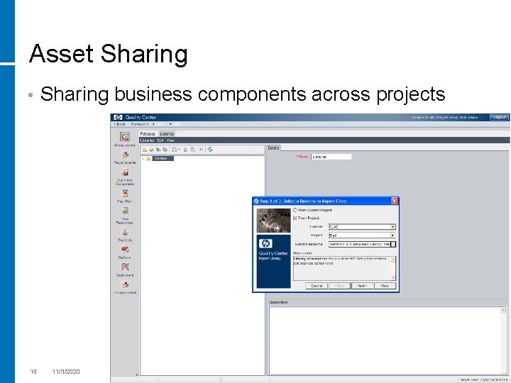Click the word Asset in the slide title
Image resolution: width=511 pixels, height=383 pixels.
tap(61, 54)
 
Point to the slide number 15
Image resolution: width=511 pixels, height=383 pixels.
tap(33, 372)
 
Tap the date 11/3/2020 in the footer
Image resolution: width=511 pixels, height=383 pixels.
tap(66, 372)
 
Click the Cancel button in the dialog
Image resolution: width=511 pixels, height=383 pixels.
tap(317, 286)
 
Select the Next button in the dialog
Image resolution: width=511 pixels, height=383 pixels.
tap(362, 286)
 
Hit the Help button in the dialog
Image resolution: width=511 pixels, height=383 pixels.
tap(384, 286)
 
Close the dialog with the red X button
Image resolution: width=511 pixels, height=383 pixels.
tap(395, 201)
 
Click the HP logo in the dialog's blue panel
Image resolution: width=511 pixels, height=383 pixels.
tap(266, 243)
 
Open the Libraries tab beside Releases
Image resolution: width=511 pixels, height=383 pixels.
tap(167, 133)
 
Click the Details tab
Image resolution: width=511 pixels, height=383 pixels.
tap(274, 148)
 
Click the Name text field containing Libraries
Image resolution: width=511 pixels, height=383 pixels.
tap(331, 157)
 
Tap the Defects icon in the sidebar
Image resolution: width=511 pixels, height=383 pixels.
tap(125, 250)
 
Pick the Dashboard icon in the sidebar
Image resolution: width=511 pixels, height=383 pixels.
tap(125, 267)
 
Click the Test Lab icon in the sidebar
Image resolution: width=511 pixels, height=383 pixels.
tap(125, 232)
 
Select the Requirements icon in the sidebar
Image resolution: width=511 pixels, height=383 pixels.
tap(125, 155)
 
